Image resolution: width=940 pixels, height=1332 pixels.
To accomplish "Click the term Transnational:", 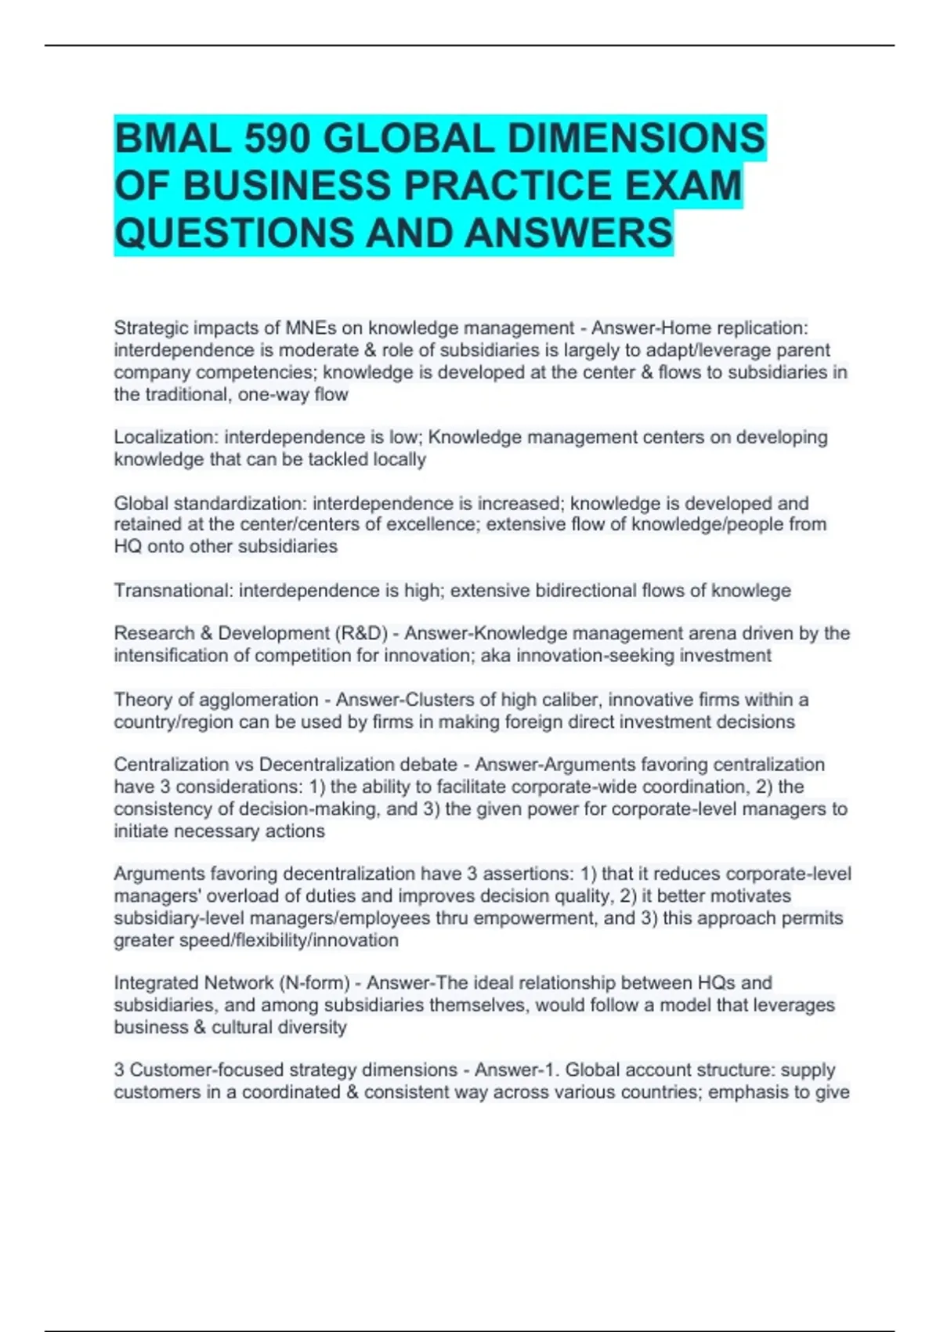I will (173, 591).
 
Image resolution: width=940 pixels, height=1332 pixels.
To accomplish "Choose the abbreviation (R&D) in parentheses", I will (362, 634).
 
